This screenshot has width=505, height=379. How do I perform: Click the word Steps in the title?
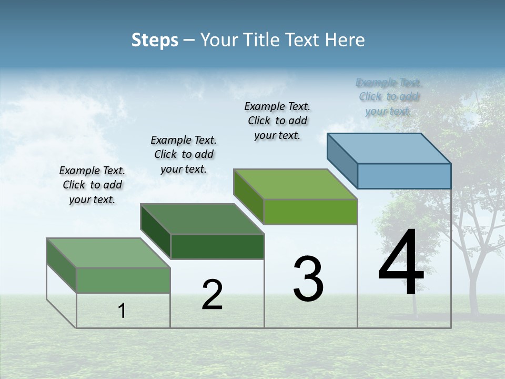click(x=155, y=40)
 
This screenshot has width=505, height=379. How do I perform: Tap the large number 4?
click(x=401, y=263)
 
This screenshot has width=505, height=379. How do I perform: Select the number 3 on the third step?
click(x=308, y=280)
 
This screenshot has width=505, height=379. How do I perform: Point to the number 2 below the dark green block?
click(x=212, y=295)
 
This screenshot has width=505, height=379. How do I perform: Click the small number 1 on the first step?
click(x=122, y=311)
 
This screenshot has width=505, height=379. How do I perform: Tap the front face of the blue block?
click(x=404, y=176)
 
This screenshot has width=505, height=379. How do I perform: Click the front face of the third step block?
click(x=310, y=212)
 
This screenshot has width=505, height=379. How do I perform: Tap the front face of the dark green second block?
click(x=217, y=246)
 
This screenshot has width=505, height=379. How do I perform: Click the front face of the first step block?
click(x=124, y=280)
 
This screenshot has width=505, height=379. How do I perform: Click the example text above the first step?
click(x=92, y=185)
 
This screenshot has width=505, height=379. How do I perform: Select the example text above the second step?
click(x=184, y=154)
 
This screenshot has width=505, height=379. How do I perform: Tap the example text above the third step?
click(x=277, y=121)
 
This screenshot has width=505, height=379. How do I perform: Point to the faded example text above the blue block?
click(x=389, y=96)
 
